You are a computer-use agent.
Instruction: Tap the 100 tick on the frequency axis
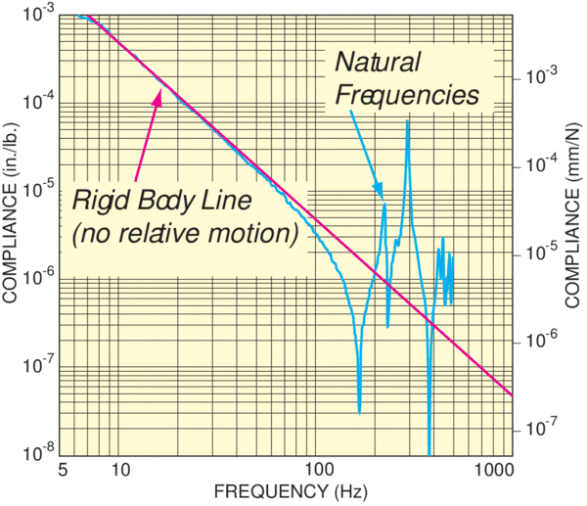pyautogui.click(x=315, y=471)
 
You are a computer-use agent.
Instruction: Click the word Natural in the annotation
pyautogui.click(x=378, y=62)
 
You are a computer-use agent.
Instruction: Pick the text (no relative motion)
pyautogui.click(x=184, y=235)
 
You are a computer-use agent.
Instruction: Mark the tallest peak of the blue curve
pyautogui.click(x=408, y=120)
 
